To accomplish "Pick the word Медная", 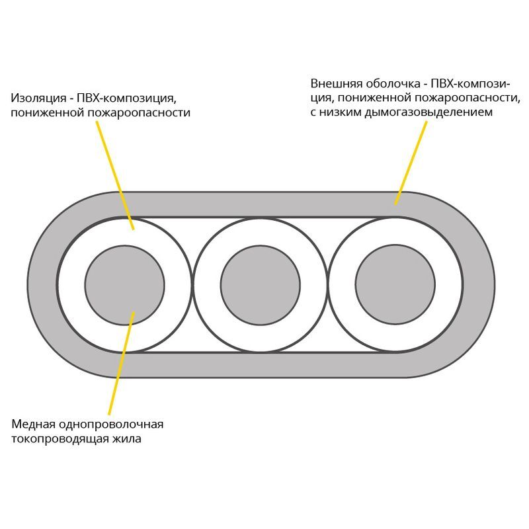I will pyautogui.click(x=32, y=424).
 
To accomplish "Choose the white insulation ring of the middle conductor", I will pyautogui.click(x=260, y=235).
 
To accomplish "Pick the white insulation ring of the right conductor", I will pyautogui.click(x=395, y=235).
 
